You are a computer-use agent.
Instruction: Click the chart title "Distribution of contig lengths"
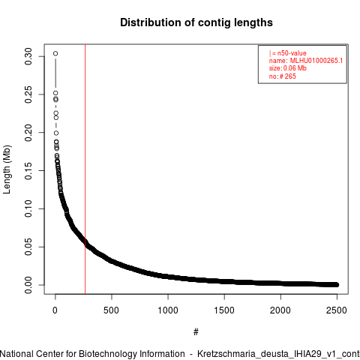[196, 22]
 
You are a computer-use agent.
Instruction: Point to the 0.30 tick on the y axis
[28, 56]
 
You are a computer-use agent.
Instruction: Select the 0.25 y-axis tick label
[28, 94]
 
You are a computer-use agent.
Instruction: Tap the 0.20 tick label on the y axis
[28, 133]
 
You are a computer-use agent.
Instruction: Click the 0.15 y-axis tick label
[28, 171]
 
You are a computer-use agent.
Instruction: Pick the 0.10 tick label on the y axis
[28, 208]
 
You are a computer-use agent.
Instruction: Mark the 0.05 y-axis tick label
[28, 247]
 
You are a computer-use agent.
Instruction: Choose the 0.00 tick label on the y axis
[28, 285]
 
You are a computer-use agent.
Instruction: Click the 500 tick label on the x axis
[111, 310]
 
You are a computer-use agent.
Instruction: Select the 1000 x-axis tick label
[168, 310]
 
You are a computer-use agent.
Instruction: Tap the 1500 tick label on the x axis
[224, 310]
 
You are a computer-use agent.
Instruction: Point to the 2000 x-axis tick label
[280, 310]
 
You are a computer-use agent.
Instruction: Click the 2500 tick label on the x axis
[337, 310]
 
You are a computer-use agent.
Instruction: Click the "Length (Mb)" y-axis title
[7, 169]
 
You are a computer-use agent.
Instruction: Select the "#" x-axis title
[196, 332]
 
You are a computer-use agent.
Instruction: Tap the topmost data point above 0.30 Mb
[55, 53]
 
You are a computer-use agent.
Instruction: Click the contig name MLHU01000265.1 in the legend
[316, 61]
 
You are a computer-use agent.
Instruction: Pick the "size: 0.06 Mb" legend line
[288, 68]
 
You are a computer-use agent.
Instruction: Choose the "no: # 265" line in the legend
[283, 76]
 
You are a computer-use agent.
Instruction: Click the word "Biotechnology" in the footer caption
[107, 354]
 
